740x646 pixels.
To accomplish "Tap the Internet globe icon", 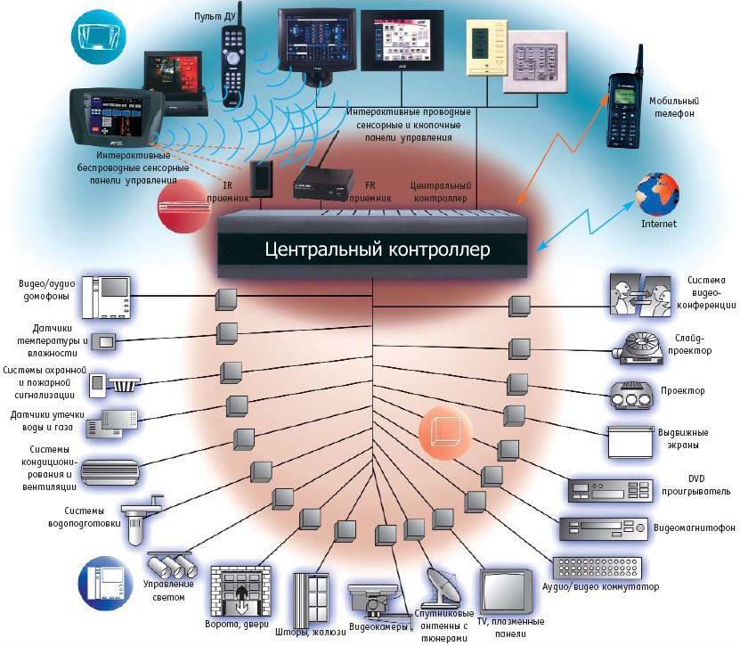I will click(657, 192).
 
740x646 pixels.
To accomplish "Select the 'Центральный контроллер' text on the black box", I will click(377, 249).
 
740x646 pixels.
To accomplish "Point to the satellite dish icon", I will click(445, 588).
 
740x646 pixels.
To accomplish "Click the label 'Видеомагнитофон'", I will click(695, 528).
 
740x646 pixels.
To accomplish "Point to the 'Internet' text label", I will click(659, 224).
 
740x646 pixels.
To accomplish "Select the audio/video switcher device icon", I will click(596, 569).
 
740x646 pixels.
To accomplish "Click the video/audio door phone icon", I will click(107, 297).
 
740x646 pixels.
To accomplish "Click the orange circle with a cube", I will click(443, 432).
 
